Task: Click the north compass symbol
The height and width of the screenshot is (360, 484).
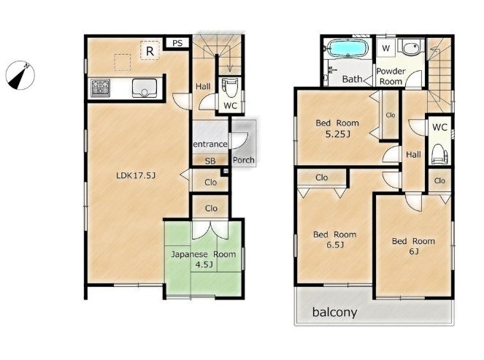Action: (x=20, y=75)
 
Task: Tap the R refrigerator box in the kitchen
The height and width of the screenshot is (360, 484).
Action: (x=150, y=50)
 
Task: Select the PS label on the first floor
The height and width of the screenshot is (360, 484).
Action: (x=177, y=43)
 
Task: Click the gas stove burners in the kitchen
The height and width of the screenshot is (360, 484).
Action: (x=101, y=88)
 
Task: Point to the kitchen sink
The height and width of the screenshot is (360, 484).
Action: (x=145, y=88)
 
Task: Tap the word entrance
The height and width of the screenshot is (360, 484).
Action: (x=210, y=144)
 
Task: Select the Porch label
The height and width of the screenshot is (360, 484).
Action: (x=244, y=160)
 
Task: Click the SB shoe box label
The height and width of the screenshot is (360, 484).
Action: (x=210, y=161)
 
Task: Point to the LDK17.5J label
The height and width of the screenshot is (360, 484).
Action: (x=136, y=176)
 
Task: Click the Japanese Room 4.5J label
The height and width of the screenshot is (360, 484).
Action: (x=204, y=259)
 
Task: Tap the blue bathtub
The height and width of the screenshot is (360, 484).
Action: (x=347, y=49)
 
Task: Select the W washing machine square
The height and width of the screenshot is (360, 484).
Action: (x=385, y=48)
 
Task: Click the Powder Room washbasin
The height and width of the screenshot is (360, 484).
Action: (x=410, y=48)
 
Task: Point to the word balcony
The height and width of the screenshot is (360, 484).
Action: (x=334, y=312)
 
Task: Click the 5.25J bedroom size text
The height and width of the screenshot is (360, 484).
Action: (x=338, y=134)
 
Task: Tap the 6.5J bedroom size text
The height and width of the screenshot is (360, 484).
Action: (x=335, y=245)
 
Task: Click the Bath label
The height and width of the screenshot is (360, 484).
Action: (x=352, y=79)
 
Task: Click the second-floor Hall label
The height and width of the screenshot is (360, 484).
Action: (x=413, y=154)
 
